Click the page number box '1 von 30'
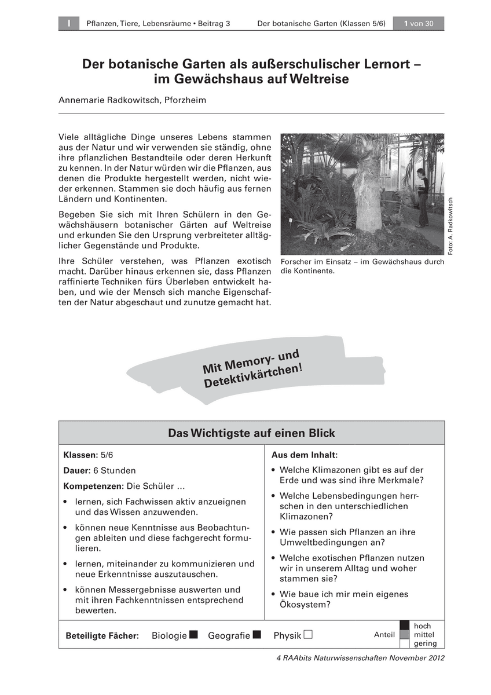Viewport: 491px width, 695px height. point(418,23)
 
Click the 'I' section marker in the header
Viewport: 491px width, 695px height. point(68,23)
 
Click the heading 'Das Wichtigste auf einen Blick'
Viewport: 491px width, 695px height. point(251,433)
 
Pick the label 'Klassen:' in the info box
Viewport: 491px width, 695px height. point(80,455)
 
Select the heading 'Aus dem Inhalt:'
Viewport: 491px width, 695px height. point(305,455)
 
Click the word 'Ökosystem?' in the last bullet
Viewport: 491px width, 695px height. point(305,605)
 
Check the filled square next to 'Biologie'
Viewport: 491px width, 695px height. point(193,634)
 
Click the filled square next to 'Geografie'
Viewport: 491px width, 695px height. point(257,634)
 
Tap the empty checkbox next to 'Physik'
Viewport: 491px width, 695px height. point(308,634)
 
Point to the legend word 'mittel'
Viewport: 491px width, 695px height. point(424,635)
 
